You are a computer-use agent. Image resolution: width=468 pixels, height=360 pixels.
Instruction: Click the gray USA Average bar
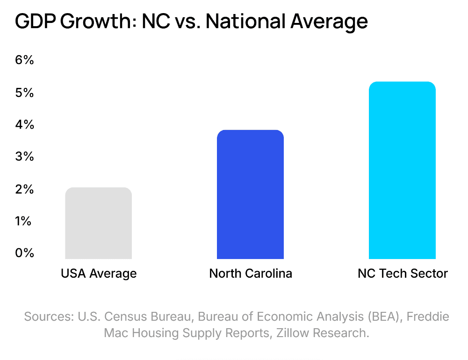pyautogui.click(x=98, y=223)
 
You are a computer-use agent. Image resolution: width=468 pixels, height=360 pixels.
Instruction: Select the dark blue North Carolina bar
pyautogui.click(x=250, y=194)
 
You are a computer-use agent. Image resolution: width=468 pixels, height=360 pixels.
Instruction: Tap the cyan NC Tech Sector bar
pyautogui.click(x=402, y=170)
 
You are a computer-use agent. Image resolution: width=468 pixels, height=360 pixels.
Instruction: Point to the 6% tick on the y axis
pyautogui.click(x=24, y=60)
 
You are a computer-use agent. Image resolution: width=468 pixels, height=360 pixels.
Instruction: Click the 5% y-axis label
pyautogui.click(x=24, y=93)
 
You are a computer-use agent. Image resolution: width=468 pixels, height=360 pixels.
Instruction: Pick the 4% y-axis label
pyautogui.click(x=24, y=125)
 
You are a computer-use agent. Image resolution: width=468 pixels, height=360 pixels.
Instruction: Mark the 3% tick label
pyautogui.click(x=24, y=157)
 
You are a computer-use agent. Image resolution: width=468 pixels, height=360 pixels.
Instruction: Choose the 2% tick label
pyautogui.click(x=24, y=189)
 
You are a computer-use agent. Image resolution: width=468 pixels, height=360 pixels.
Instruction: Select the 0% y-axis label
pyautogui.click(x=24, y=253)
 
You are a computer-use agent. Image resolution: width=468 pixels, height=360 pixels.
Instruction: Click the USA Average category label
pyautogui.click(x=99, y=274)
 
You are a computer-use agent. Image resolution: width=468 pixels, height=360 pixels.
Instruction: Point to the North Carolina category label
pyautogui.click(x=251, y=274)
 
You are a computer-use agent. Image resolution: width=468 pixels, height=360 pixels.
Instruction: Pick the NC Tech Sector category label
pyautogui.click(x=403, y=274)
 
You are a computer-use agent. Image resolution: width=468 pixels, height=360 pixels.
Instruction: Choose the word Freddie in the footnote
pyautogui.click(x=428, y=317)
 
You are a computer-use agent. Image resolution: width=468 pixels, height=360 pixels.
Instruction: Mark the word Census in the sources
pyautogui.click(x=132, y=317)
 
